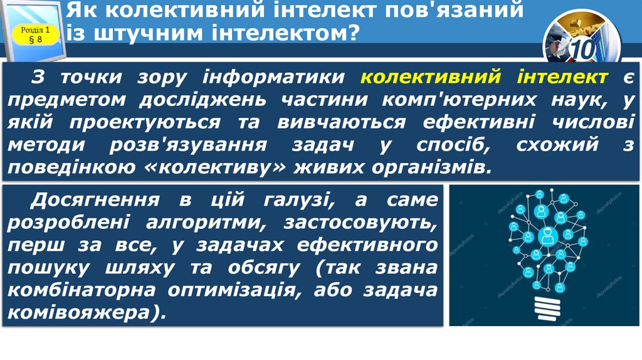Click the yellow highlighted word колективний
coord(431,77)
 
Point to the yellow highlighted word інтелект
coord(562,77)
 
